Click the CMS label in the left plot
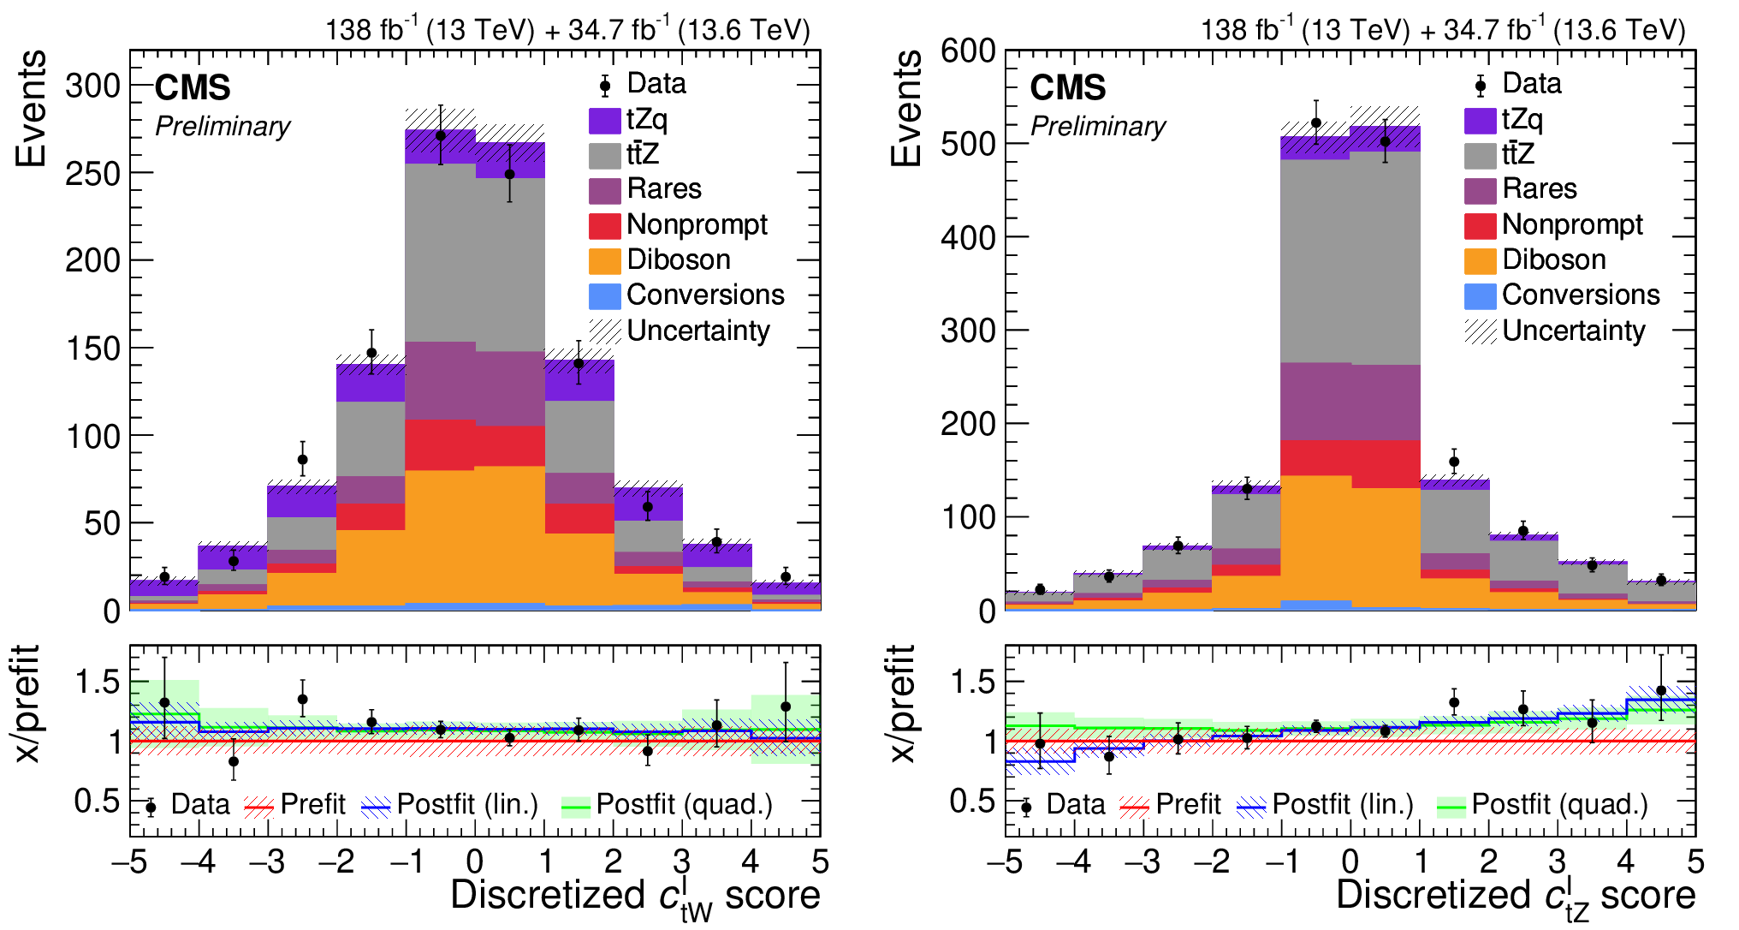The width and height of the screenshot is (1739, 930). [x=193, y=87]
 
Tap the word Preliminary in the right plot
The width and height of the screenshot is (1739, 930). [x=1098, y=126]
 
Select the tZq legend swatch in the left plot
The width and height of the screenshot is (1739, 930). [x=604, y=120]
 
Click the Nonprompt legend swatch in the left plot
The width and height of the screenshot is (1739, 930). [x=604, y=225]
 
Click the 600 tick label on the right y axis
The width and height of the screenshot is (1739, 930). [x=968, y=51]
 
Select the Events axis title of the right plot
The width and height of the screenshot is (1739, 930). [x=906, y=108]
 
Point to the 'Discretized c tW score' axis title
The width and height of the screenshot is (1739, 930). [x=635, y=896]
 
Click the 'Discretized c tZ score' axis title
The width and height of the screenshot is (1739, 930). [x=1515, y=896]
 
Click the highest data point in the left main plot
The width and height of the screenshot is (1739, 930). [x=441, y=135]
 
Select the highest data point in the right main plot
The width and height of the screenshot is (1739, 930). [x=1316, y=123]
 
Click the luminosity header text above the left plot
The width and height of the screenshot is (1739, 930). [x=567, y=30]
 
